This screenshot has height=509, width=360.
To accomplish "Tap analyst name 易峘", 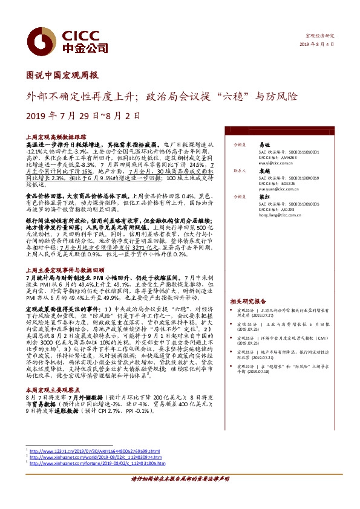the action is tap(264, 146).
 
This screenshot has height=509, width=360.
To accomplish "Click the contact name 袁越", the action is tap(264, 172).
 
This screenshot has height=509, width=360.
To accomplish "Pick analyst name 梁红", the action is tap(264, 197).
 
